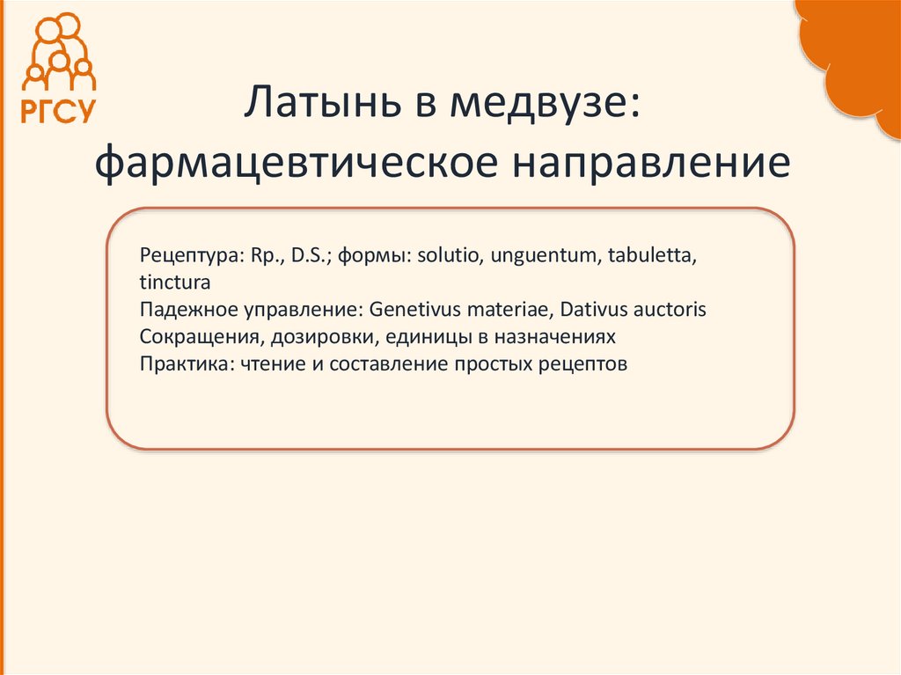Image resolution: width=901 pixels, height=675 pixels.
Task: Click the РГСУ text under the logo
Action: point(57,111)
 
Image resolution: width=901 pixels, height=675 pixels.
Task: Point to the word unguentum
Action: point(541,256)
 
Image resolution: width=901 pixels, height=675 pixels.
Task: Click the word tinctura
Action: point(174,283)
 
